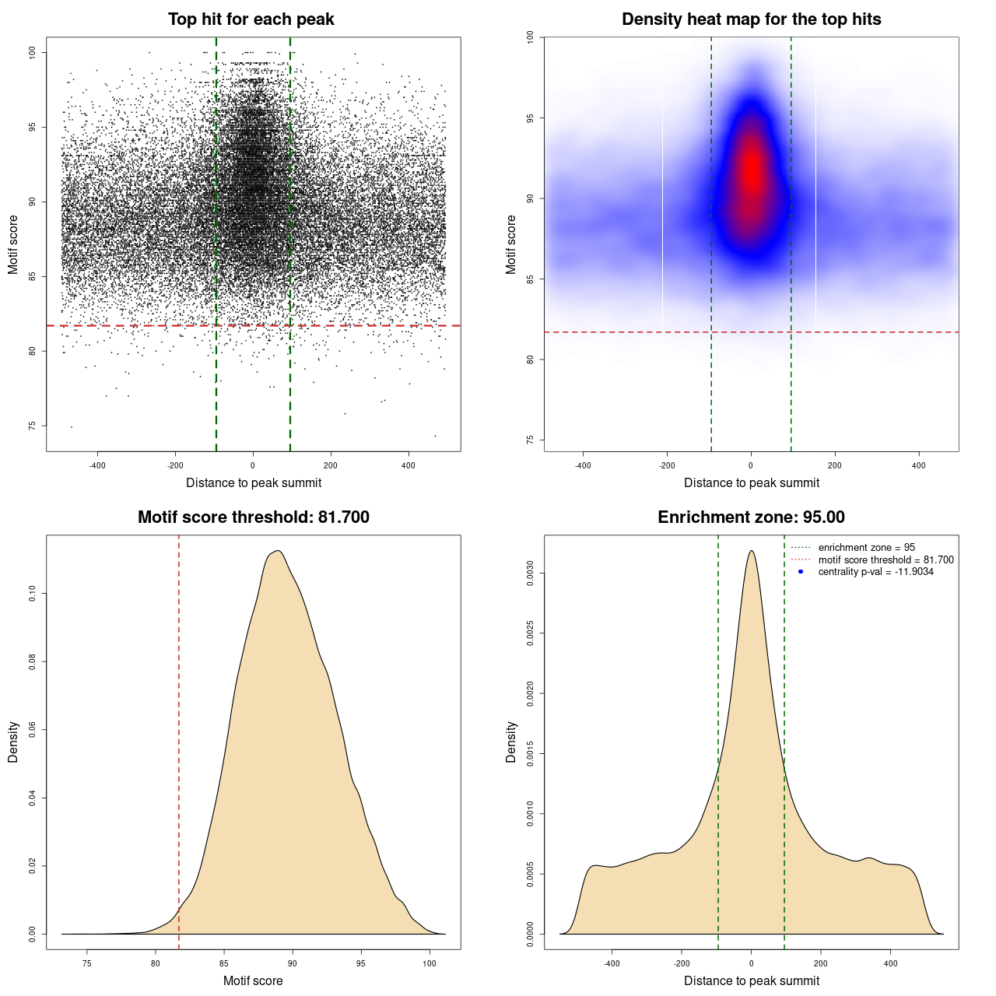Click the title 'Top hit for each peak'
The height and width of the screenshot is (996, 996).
251,19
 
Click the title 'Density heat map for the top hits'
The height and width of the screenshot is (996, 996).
751,19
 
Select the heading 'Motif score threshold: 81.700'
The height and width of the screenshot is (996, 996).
253,517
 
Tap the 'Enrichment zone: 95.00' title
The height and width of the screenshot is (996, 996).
751,517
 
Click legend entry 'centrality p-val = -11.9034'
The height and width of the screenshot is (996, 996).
875,572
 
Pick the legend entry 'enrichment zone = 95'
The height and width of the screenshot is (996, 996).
866,548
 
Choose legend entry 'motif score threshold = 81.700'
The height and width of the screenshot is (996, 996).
886,560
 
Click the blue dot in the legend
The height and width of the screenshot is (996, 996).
801,572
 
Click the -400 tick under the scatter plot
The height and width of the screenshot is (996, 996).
97,465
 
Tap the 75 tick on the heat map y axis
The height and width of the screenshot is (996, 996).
531,440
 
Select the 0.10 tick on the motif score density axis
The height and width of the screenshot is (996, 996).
33,594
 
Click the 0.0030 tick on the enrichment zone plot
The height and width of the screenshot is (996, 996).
531,573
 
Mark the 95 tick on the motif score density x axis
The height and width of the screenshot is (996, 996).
360,963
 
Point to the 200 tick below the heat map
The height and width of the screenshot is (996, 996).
835,465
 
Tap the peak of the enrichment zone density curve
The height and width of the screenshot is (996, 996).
751,551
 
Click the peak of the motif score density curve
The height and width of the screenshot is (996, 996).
277,551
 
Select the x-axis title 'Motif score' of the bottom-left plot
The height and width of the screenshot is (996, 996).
253,980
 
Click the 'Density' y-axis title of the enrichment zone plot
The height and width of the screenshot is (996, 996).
511,742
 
